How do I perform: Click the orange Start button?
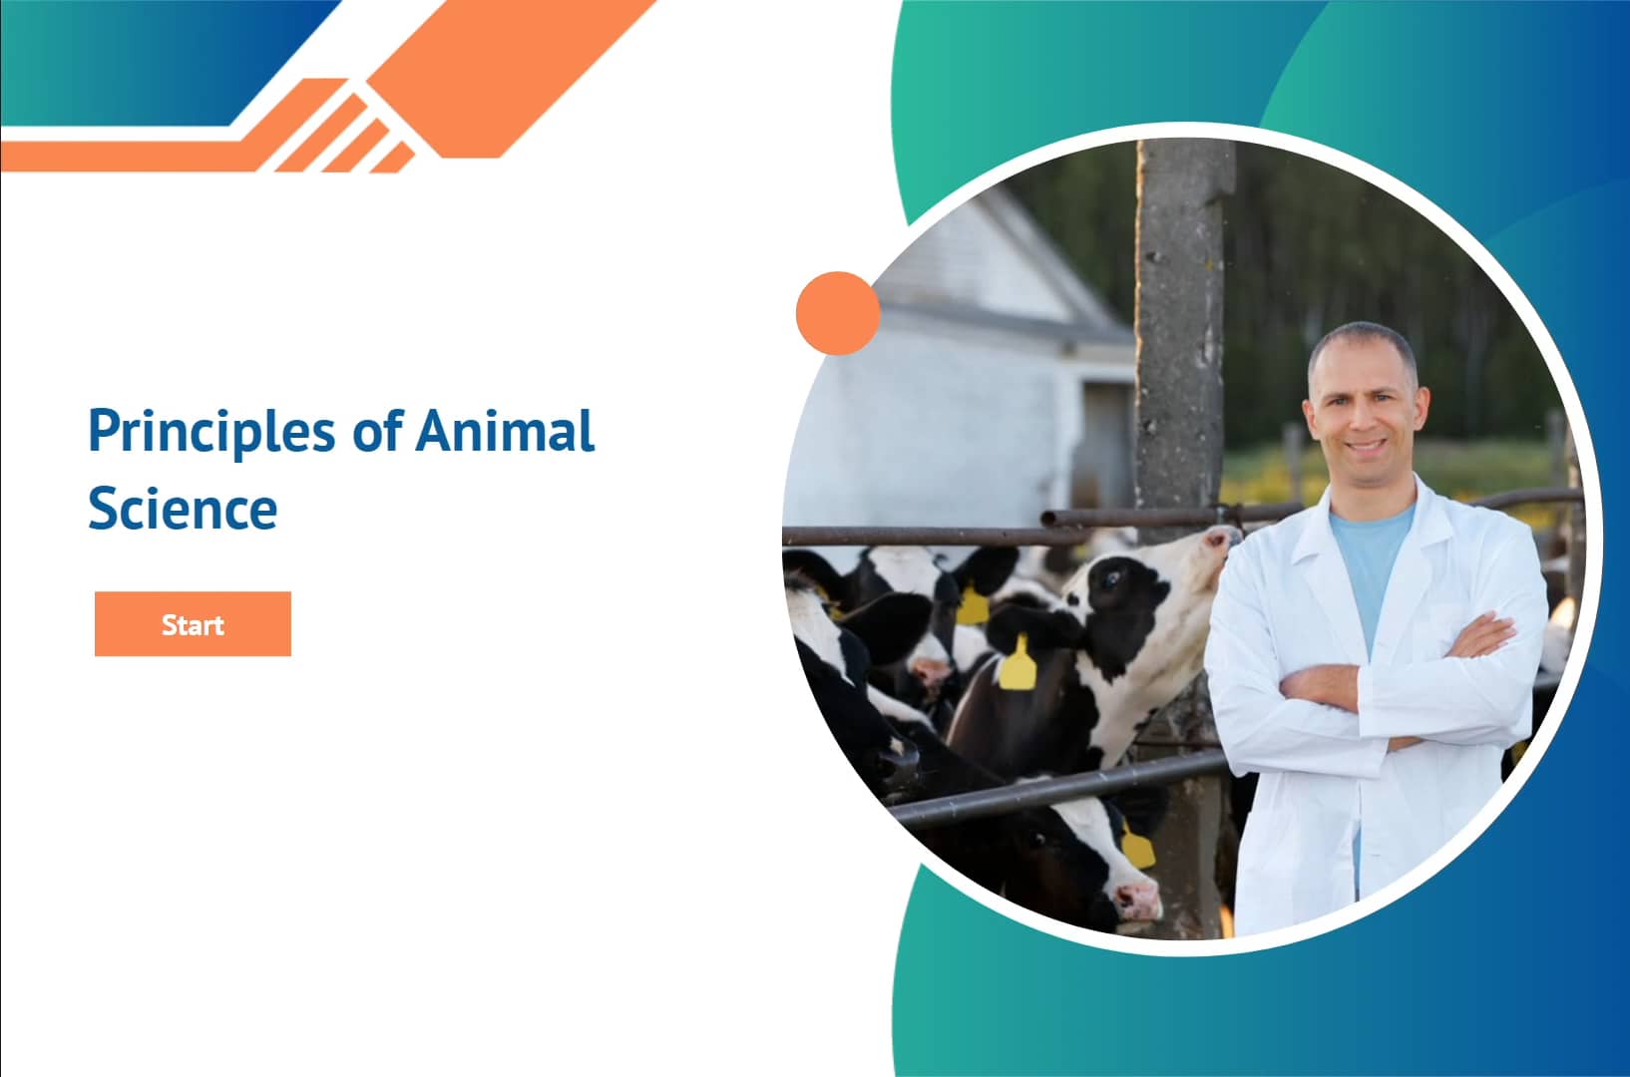point(193,624)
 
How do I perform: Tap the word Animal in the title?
point(505,431)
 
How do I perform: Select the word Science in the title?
point(183,509)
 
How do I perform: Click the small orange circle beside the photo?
point(838,313)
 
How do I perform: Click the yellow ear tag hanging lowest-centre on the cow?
point(1018,665)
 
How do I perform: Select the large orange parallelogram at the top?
point(509,70)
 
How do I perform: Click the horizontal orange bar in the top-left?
point(120,155)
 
